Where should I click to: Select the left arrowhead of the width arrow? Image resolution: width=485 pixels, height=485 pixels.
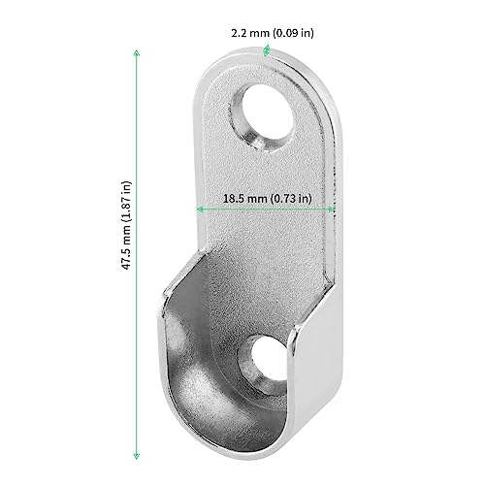[200, 209]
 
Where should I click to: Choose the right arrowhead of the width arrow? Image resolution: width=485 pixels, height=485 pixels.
[332, 209]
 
